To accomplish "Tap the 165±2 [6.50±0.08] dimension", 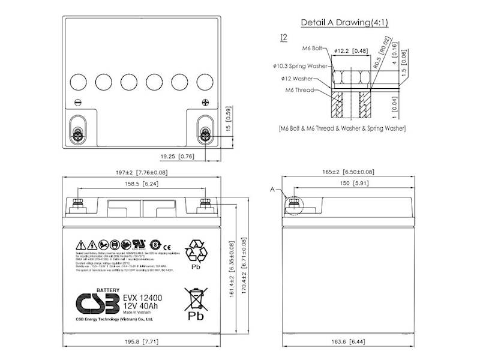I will (x=347, y=173).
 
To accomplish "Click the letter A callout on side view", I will (x=273, y=190).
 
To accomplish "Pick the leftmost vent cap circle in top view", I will (x=78, y=81).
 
